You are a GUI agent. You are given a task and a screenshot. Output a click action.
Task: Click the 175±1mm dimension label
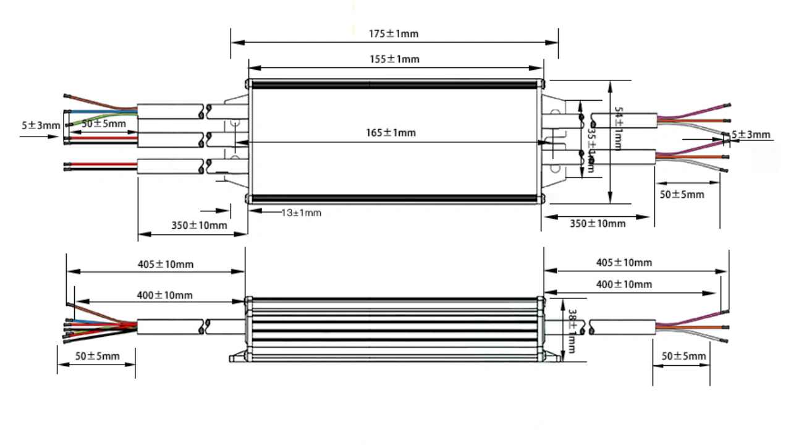394,33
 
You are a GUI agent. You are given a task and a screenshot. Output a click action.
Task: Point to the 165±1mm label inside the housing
391,133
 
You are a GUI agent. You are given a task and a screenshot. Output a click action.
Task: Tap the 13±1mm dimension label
301,213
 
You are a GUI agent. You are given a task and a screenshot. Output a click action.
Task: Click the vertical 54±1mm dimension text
618,127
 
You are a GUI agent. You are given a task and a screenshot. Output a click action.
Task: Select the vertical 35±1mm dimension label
591,148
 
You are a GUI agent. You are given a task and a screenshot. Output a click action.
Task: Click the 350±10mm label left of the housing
199,226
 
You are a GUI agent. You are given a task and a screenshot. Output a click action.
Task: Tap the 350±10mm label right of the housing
598,223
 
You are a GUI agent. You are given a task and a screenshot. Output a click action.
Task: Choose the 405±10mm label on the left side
166,265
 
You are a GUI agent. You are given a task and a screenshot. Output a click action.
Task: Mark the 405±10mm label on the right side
624,263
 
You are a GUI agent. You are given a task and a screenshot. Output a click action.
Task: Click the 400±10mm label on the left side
164,295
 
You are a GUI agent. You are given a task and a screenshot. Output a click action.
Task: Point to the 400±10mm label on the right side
624,284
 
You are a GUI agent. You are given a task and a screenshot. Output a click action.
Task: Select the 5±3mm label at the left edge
41,125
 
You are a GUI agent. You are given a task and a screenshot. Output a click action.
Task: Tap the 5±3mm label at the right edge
751,135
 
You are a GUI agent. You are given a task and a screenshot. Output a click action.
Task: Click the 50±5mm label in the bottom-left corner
97,356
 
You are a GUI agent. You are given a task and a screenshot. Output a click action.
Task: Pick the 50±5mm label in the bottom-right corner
683,356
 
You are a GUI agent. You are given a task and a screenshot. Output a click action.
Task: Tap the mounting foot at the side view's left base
238,357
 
